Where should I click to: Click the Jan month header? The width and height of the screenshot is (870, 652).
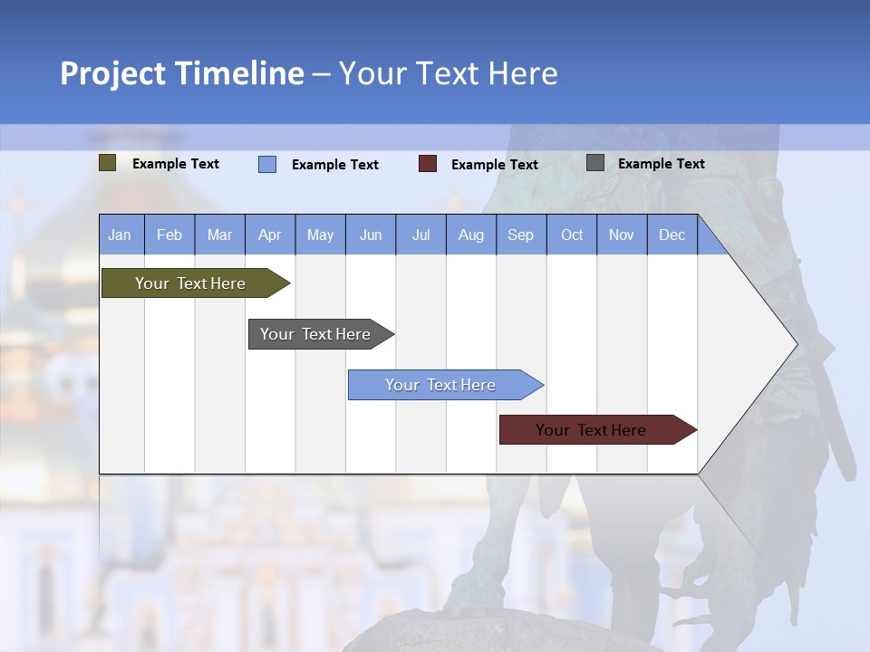(x=121, y=235)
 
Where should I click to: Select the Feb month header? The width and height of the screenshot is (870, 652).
(x=169, y=235)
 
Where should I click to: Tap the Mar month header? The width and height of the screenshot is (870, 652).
(x=219, y=235)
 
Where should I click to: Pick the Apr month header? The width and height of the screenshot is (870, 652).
(x=270, y=235)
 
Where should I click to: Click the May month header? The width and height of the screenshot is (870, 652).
(x=320, y=235)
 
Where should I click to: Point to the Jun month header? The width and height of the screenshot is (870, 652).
(x=371, y=235)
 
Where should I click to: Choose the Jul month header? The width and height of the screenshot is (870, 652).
(x=420, y=235)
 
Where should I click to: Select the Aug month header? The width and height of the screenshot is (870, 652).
(x=471, y=235)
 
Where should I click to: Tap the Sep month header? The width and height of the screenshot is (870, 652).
(x=521, y=235)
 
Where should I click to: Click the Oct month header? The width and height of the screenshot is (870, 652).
(x=572, y=235)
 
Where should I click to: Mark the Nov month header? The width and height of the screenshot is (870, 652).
(x=622, y=235)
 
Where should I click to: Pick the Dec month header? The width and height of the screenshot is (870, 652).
(x=672, y=235)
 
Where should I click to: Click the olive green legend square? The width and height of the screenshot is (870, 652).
(x=108, y=163)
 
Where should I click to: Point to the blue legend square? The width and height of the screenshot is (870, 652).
(x=267, y=164)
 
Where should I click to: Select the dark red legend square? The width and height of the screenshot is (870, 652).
(x=428, y=164)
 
